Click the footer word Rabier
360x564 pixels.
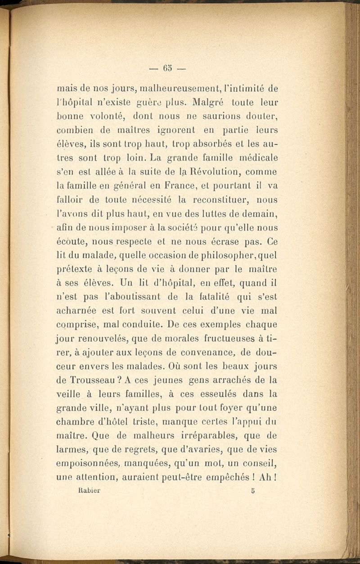pyautogui.click(x=87, y=491)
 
